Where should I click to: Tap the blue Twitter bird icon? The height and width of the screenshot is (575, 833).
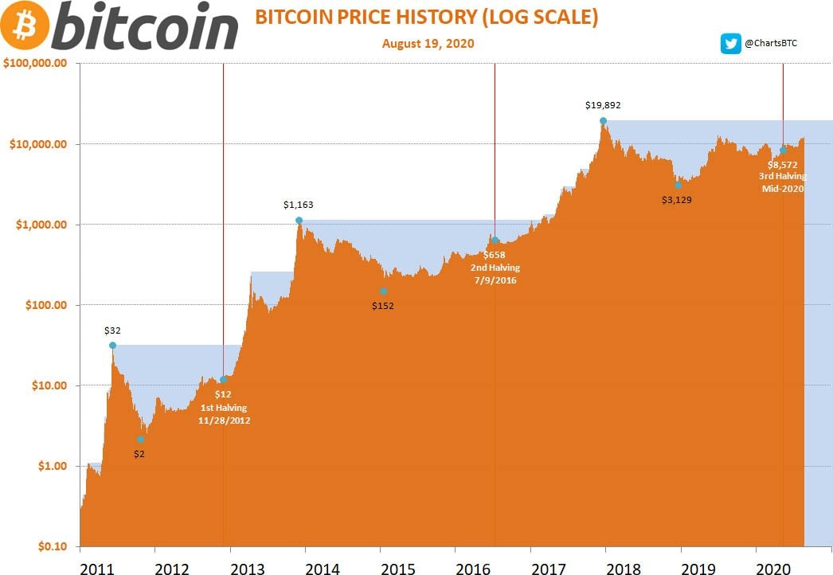coord(730,44)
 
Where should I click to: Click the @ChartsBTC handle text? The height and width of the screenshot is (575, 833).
coord(770,44)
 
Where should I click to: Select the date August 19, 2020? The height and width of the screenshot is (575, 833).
coord(428,43)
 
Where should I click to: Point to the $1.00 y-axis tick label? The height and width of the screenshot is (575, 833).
coord(49,466)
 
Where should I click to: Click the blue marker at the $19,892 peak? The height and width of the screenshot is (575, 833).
coord(604,121)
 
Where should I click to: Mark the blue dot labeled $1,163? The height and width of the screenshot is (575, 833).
coord(299,221)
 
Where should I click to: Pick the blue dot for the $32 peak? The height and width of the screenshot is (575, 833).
coord(112,346)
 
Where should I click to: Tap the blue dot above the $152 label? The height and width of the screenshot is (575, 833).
coord(383,291)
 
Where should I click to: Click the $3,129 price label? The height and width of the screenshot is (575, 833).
coord(677,201)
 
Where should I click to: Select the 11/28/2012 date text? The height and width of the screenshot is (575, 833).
coord(224,420)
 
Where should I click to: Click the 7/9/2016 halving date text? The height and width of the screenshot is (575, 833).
coord(495,280)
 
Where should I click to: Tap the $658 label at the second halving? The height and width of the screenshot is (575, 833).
coord(495,254)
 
